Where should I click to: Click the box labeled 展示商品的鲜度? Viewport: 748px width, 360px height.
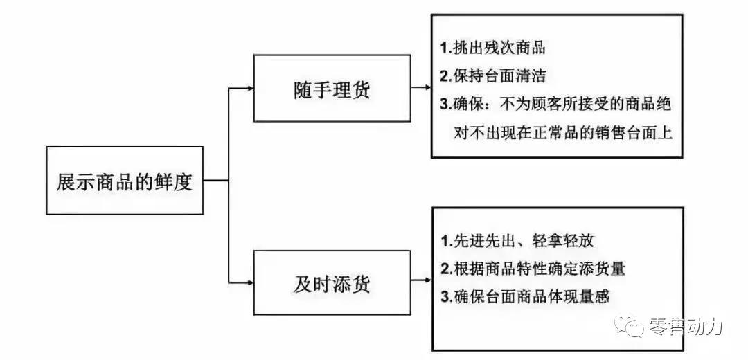tap(125, 181)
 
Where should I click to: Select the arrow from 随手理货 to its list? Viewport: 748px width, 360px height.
tap(420, 88)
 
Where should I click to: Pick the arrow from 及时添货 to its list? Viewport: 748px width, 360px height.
tap(420, 282)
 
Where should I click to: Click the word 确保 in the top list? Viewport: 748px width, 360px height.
tap(467, 105)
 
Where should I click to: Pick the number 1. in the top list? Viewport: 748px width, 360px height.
tap(447, 48)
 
